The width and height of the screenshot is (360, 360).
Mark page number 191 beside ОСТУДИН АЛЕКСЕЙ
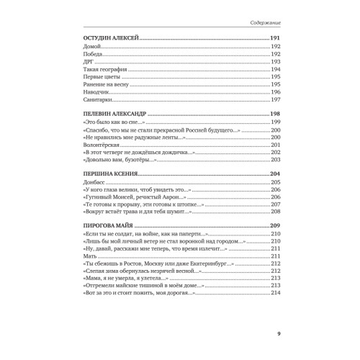click(275, 38)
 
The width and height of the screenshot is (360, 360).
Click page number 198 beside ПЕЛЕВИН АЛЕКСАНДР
click(275, 113)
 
